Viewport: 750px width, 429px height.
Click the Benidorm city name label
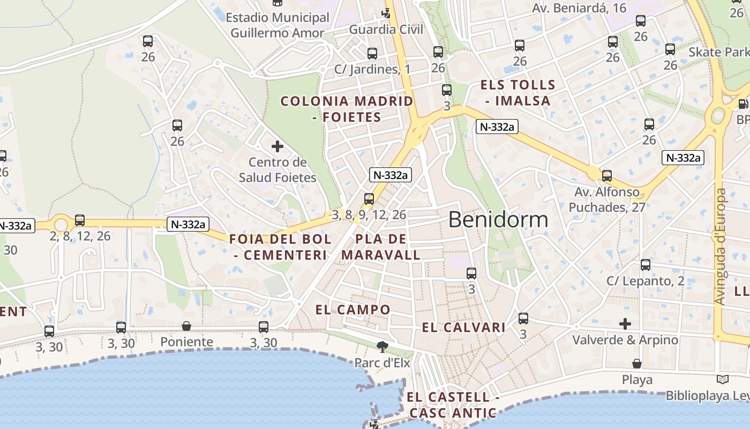coord(498,220)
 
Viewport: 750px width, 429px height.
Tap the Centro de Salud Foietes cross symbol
coord(277,146)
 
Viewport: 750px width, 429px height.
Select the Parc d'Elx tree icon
coord(382,347)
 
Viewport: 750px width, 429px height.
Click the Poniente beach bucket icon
coord(186,326)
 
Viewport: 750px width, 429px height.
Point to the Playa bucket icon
coord(637,364)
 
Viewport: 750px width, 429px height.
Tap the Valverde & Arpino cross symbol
coord(625,324)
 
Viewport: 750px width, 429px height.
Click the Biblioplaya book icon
coord(723,380)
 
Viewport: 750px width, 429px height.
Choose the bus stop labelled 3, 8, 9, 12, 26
coord(369,199)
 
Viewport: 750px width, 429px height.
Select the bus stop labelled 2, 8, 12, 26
coord(80,220)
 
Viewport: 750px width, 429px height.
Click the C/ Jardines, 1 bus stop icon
coord(372,54)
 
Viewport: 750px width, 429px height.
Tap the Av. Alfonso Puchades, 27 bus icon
coord(607,175)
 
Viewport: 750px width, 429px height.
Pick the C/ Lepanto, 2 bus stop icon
coord(646,265)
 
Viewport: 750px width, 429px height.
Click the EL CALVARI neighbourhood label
coord(464,328)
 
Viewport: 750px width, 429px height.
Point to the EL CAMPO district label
coord(353,309)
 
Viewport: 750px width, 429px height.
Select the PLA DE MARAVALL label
coord(381,247)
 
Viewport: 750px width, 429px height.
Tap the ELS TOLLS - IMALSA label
coord(518,93)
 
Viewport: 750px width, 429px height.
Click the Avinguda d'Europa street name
coord(721,247)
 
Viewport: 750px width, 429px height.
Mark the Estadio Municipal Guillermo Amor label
coord(277,25)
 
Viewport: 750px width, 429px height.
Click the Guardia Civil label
coord(386,29)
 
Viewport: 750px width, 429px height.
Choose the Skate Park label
coord(718,52)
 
